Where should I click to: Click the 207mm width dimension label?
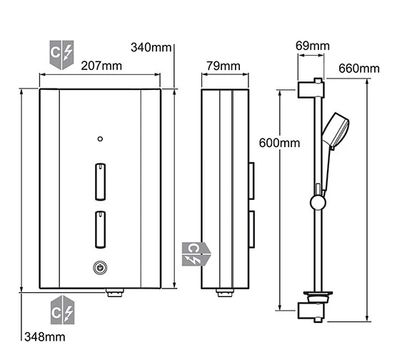101,66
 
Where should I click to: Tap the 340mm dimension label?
151,48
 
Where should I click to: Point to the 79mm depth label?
222,66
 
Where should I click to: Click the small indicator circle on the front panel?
100,139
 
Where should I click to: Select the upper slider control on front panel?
100,181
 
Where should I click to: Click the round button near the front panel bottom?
100,267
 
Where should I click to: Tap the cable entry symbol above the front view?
61,53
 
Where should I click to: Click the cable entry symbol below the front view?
61,311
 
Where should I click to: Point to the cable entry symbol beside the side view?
195,253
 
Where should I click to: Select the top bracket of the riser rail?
311,89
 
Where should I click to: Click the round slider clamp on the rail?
318,203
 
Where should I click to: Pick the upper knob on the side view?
252,180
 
